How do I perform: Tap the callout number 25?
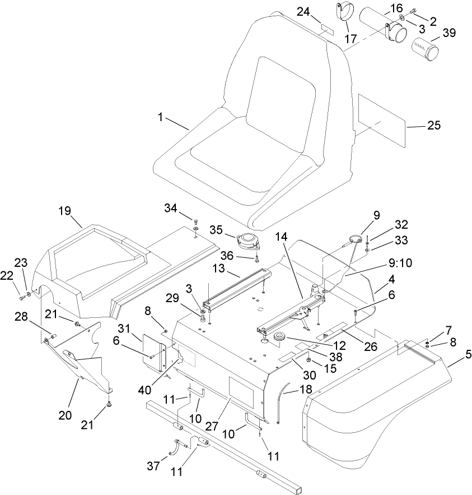(x=433, y=126)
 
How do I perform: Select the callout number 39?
(x=448, y=34)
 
